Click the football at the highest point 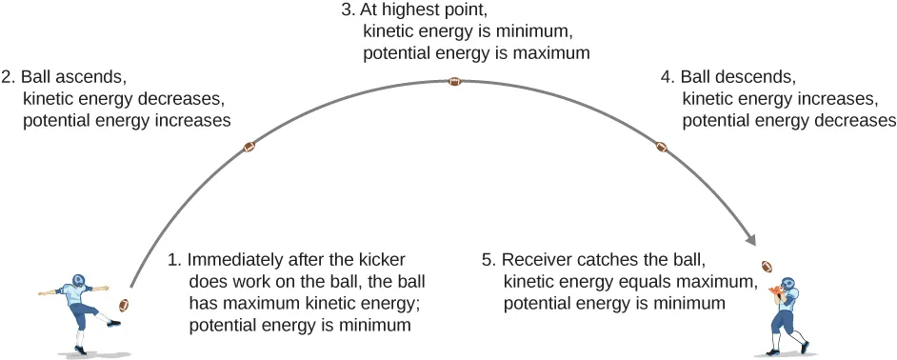(455, 81)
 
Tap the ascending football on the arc (249, 147)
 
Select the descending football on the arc (662, 147)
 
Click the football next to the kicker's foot (123, 305)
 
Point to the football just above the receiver (767, 266)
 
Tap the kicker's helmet (76, 283)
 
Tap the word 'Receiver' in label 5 (535, 259)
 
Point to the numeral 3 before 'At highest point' (349, 12)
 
